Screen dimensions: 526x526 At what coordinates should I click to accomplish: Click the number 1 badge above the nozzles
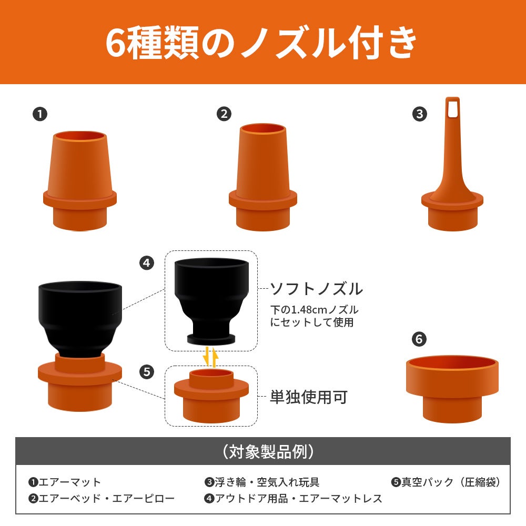coord(40,114)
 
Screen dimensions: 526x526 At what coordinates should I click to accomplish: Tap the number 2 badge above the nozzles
coord(224,114)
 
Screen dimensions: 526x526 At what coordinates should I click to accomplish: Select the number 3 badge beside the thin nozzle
coord(419,114)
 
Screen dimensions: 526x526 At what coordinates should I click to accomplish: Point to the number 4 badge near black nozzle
coord(147,262)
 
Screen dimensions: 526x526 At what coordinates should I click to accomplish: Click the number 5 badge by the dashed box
coord(147,372)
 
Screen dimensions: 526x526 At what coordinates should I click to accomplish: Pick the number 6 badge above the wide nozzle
coord(419,339)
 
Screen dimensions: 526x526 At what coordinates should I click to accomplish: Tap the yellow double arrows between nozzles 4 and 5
coord(211,357)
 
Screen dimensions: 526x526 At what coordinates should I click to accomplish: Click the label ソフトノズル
coord(316,289)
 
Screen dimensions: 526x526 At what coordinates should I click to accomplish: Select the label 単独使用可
coord(309,397)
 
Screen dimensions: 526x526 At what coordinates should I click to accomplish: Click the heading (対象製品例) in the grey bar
coord(268,451)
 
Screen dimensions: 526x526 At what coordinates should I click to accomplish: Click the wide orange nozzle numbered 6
coord(452,389)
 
